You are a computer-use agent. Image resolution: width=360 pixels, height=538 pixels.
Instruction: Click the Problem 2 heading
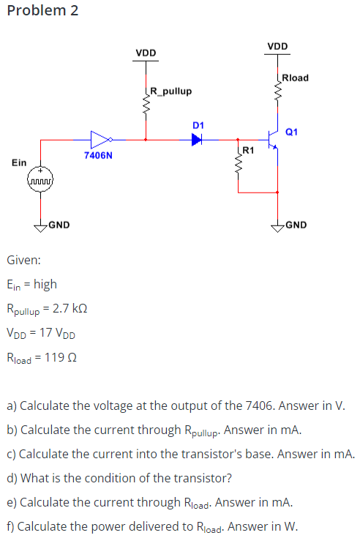(42, 11)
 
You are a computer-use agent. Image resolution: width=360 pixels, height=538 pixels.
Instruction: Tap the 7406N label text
(97, 156)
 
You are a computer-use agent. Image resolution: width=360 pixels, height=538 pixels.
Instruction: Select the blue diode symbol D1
(196, 139)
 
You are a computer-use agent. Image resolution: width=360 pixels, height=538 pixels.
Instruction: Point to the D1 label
(198, 125)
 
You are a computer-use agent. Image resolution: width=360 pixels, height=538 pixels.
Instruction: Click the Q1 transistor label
(291, 132)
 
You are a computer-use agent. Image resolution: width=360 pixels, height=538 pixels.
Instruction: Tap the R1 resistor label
(247, 151)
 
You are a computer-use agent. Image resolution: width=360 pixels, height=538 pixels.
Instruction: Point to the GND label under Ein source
(59, 225)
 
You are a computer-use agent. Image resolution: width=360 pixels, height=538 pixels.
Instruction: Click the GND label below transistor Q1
(296, 225)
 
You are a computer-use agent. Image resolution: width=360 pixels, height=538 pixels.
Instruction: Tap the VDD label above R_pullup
(146, 53)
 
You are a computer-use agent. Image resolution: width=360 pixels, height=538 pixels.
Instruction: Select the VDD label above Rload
(277, 47)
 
